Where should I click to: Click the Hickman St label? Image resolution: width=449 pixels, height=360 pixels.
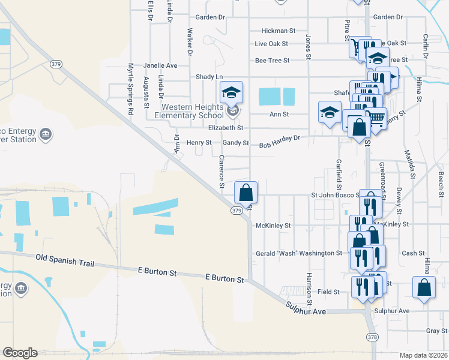[279, 31]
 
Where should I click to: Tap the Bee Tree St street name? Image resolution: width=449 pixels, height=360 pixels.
[273, 61]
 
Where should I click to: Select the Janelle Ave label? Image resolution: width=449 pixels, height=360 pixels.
[160, 65]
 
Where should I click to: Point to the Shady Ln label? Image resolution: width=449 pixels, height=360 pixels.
[209, 77]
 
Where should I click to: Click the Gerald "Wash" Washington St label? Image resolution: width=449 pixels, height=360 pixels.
[299, 253]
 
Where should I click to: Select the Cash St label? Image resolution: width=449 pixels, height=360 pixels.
[414, 253]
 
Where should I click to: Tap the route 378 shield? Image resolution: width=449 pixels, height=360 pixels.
[372, 338]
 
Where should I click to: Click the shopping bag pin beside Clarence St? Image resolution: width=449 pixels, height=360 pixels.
[246, 193]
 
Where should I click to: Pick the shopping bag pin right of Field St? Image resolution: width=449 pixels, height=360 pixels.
[424, 287]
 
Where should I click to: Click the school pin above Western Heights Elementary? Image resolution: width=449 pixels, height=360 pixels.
[231, 92]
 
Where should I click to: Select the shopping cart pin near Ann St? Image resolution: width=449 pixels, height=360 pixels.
[376, 118]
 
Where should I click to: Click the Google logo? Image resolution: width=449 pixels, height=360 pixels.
[20, 353]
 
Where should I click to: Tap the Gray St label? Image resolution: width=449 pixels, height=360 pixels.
[433, 331]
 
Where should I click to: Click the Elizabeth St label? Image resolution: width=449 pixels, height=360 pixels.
[225, 128]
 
